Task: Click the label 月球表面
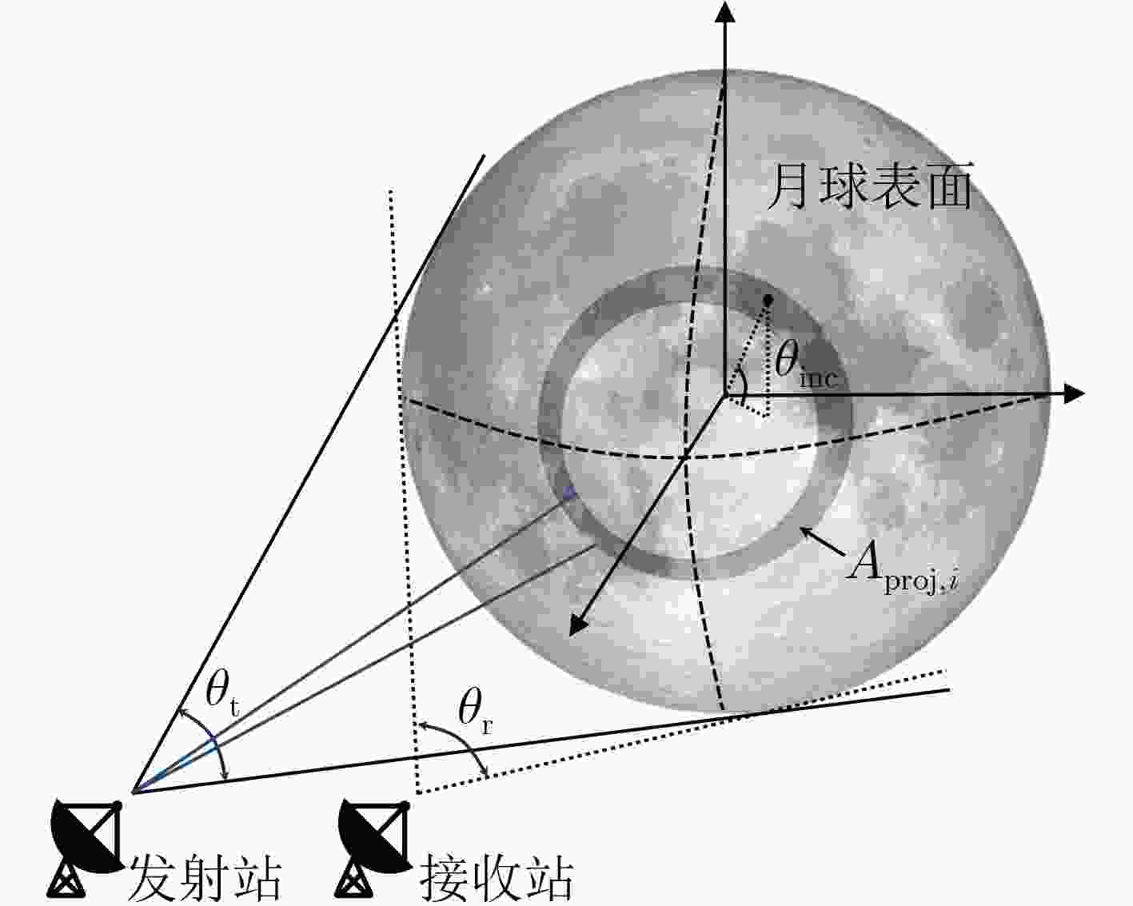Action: tap(869, 186)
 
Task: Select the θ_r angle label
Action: tap(475, 711)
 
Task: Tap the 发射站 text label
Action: tap(205, 878)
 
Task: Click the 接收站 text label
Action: tap(496, 878)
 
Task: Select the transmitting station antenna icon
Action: tap(87, 848)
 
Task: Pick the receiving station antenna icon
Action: tap(374, 848)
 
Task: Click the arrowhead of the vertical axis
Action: tap(725, 11)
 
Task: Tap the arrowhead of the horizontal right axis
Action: tap(1074, 394)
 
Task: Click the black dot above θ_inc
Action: tap(768, 299)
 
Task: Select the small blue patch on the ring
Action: tap(568, 493)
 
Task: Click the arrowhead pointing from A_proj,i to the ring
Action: tap(805, 533)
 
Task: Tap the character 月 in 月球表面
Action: tap(789, 186)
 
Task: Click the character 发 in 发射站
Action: tap(152, 878)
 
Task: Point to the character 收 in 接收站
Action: tap(496, 878)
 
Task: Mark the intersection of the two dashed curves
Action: tap(684, 457)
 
